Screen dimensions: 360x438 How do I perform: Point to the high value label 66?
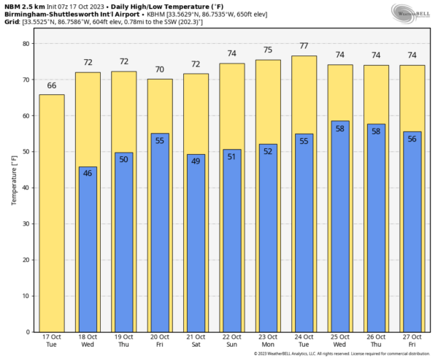coord(52,85)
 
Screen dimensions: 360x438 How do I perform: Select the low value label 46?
coord(88,174)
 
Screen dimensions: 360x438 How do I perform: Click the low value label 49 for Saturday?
coord(196,161)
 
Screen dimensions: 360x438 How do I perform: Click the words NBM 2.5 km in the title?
coord(22,6)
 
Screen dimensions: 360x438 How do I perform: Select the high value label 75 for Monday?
coord(269,50)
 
